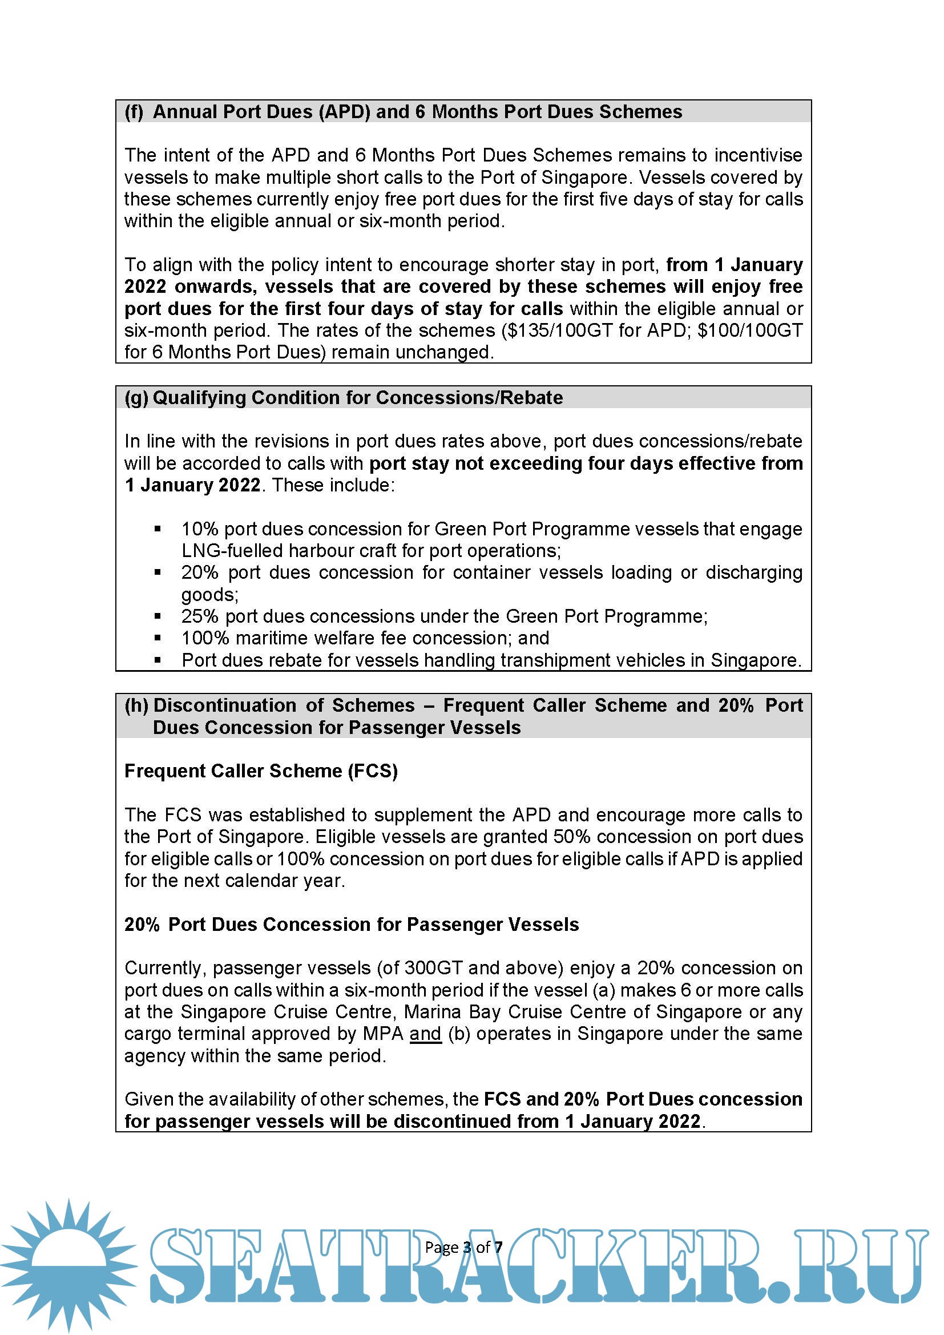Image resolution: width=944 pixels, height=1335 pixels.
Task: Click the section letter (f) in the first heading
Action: pyautogui.click(x=134, y=112)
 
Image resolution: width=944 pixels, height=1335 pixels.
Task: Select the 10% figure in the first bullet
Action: pyautogui.click(x=199, y=529)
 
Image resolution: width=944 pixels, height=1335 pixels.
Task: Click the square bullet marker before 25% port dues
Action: pyautogui.click(x=158, y=616)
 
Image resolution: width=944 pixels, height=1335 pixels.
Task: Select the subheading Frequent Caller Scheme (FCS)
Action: pyautogui.click(x=261, y=771)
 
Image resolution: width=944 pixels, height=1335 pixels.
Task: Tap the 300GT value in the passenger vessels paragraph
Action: pyautogui.click(x=434, y=968)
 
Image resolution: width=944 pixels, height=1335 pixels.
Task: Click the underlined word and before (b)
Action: pyautogui.click(x=426, y=1034)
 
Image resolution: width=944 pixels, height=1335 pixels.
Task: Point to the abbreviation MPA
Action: pyautogui.click(x=383, y=1034)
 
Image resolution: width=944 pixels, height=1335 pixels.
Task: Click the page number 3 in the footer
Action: pyautogui.click(x=467, y=1247)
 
